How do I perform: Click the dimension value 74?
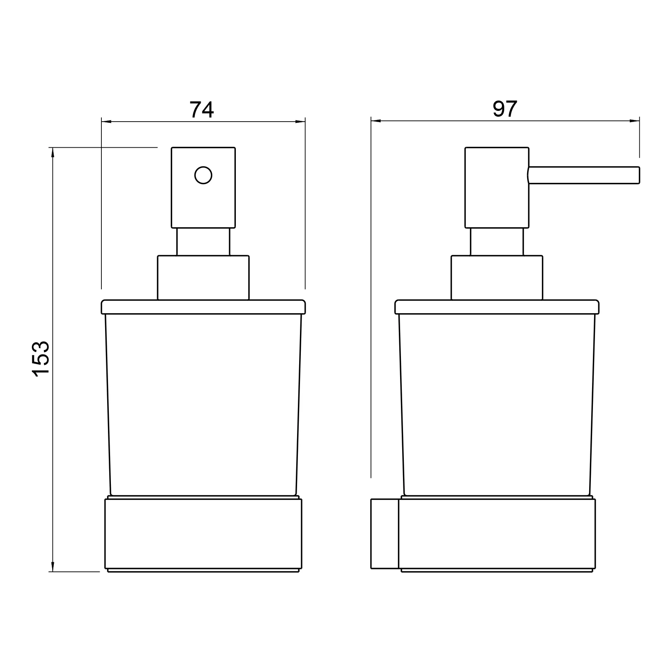pyautogui.click(x=201, y=110)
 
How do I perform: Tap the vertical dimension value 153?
pyautogui.click(x=41, y=358)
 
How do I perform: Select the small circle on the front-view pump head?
pyautogui.click(x=203, y=175)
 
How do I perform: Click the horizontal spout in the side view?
pyautogui.click(x=584, y=175)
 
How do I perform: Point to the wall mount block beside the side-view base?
pyautogui.click(x=384, y=533)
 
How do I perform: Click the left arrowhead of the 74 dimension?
pyautogui.click(x=106, y=122)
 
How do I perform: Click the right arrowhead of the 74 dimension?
pyautogui.click(x=300, y=122)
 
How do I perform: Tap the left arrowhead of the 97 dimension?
pyautogui.click(x=376, y=121)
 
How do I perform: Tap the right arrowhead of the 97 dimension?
pyautogui.click(x=635, y=121)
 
